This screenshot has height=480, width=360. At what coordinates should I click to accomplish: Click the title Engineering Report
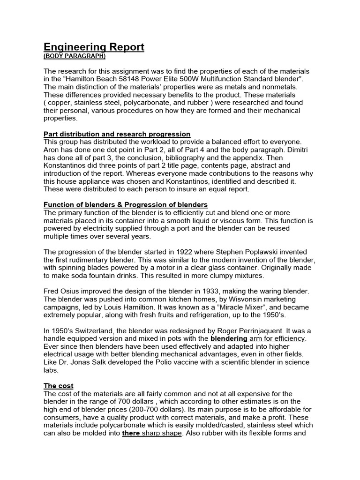[94, 47]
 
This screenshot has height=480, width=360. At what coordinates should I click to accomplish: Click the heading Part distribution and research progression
[117, 134]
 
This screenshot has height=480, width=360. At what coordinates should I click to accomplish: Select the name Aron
[53, 150]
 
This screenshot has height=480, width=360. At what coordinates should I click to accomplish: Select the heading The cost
[58, 386]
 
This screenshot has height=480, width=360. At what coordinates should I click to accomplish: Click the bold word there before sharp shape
[131, 433]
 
